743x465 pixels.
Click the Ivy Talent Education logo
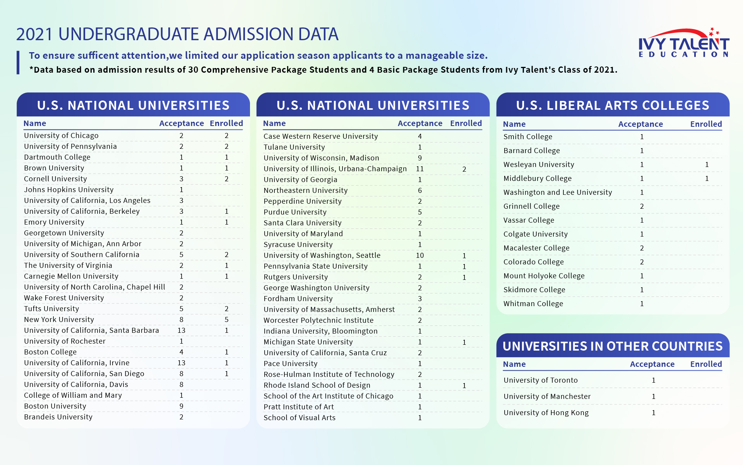tap(684, 43)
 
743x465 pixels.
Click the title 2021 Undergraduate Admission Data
tap(177, 34)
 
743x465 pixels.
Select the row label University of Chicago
tap(61, 136)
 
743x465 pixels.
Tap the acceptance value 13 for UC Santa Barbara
tap(181, 330)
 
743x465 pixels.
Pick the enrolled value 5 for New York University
tap(226, 320)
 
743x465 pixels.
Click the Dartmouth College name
tap(57, 157)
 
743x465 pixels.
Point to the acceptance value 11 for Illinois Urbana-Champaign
tap(420, 169)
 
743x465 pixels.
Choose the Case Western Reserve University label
tap(320, 136)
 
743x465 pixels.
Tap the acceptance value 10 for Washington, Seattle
tap(420, 255)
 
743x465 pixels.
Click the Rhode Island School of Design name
tap(317, 385)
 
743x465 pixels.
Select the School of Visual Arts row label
tap(299, 418)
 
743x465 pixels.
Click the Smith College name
tap(527, 137)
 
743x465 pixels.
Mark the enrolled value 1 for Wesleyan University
tap(707, 165)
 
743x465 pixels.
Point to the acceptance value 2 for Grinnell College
tap(642, 206)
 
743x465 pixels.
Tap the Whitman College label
tap(533, 304)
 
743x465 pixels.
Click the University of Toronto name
tap(540, 380)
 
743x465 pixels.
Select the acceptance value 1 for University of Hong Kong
tap(653, 413)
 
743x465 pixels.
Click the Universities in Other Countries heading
tap(613, 346)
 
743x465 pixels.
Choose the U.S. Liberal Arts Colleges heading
tap(613, 105)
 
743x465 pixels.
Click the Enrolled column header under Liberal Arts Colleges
tap(706, 124)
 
